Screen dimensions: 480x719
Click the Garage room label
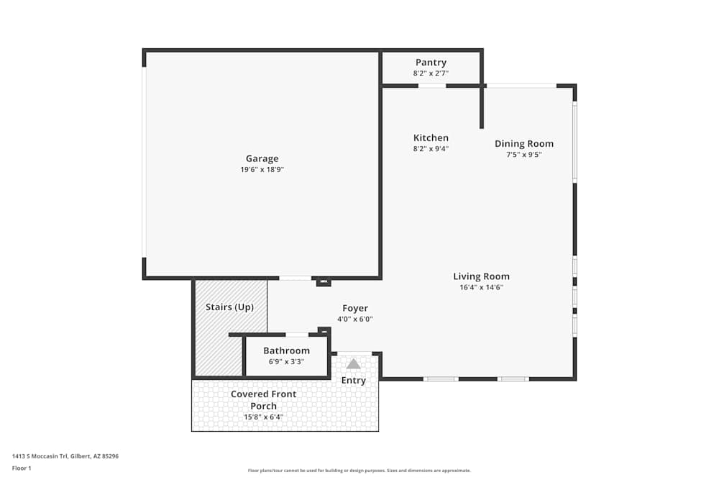pyautogui.click(x=262, y=159)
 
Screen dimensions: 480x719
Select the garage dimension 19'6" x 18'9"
pyautogui.click(x=262, y=170)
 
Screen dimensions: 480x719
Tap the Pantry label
pyautogui.click(x=431, y=63)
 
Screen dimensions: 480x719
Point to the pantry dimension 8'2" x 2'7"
pyautogui.click(x=431, y=73)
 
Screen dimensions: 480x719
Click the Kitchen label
pyautogui.click(x=431, y=138)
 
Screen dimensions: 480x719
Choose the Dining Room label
pyautogui.click(x=524, y=144)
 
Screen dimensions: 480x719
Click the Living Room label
pyautogui.click(x=481, y=276)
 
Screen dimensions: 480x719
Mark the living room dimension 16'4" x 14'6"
pyautogui.click(x=481, y=287)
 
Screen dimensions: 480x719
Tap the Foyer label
pyautogui.click(x=355, y=309)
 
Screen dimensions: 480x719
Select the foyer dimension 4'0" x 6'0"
pyautogui.click(x=355, y=319)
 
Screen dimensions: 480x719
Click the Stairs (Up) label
pyautogui.click(x=229, y=307)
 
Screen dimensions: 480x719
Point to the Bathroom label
pyautogui.click(x=286, y=351)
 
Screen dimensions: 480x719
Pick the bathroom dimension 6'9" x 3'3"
pyautogui.click(x=286, y=361)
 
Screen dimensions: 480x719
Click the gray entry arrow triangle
pyautogui.click(x=354, y=364)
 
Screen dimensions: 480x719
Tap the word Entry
pyautogui.click(x=354, y=380)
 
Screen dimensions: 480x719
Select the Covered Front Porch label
pyautogui.click(x=263, y=400)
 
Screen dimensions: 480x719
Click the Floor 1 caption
pyautogui.click(x=22, y=468)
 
